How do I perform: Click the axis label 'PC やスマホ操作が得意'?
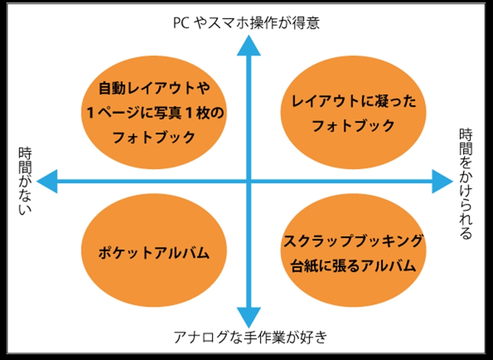pyautogui.click(x=247, y=23)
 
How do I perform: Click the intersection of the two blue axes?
pyautogui.click(x=248, y=181)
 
